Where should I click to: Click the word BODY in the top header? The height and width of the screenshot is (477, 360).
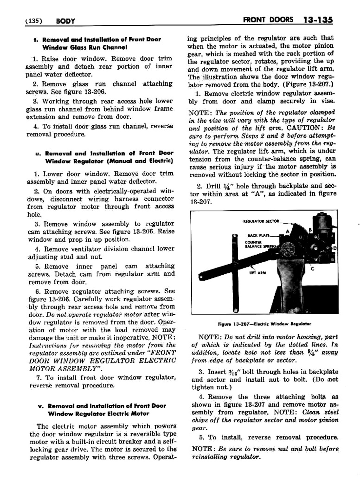pyautogui.click(x=65, y=21)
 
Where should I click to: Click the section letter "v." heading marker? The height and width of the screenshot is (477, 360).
pyautogui.click(x=40, y=406)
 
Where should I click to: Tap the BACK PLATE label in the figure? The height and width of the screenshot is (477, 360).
pyautogui.click(x=259, y=236)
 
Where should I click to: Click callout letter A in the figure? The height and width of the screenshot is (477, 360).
pyautogui.click(x=288, y=231)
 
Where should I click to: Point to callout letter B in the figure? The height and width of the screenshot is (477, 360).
pyautogui.click(x=310, y=229)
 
